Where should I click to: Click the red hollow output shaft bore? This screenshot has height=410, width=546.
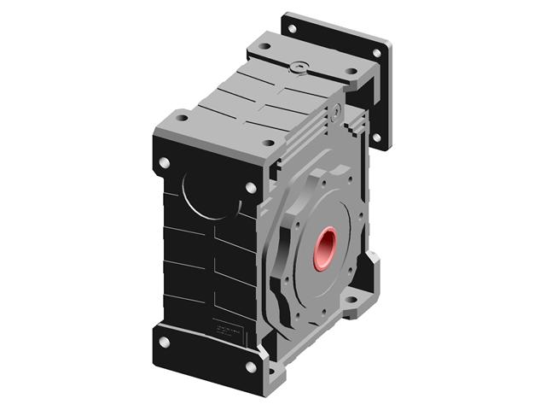[325, 248]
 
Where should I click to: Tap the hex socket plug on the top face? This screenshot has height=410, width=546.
[297, 66]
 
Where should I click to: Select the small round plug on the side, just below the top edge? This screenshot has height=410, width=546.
[338, 110]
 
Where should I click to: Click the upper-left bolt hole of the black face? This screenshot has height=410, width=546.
[165, 162]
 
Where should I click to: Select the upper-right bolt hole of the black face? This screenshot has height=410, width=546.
[251, 188]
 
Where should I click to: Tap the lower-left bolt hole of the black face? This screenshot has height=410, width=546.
[165, 342]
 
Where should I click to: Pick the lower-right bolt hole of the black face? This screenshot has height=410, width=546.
[251, 367]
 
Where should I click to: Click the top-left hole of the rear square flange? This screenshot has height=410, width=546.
[293, 28]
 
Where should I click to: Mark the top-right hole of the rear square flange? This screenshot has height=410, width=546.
[376, 53]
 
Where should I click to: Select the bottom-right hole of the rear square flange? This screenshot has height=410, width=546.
[376, 137]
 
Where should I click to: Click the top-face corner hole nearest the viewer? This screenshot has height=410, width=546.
[267, 143]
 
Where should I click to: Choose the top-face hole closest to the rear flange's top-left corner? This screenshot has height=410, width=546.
[265, 46]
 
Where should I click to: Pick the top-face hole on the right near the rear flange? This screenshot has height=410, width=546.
[351, 72]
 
